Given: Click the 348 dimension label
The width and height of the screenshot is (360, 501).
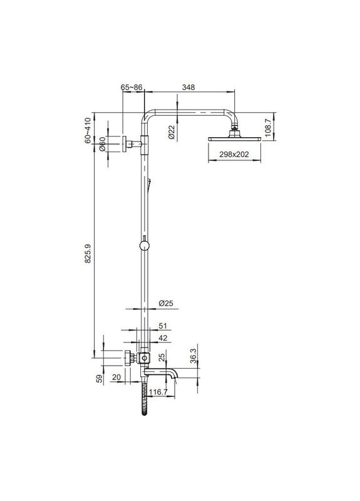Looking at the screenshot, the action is [188, 87].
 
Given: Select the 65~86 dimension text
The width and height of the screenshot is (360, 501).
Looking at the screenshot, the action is [131, 87].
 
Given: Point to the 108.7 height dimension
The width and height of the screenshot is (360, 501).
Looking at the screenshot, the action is [268, 127].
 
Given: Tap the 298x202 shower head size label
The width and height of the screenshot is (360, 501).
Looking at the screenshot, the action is [234, 155].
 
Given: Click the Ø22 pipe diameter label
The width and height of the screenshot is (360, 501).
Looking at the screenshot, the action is [171, 132].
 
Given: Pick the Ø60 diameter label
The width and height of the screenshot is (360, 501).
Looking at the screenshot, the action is [102, 144].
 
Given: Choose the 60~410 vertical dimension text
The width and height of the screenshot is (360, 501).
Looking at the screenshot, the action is [88, 130].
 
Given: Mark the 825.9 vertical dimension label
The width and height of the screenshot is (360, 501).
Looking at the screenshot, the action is [88, 254].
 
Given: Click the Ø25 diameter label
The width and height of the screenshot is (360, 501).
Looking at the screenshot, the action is [166, 303].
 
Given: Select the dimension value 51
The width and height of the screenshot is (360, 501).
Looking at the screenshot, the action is [163, 326].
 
